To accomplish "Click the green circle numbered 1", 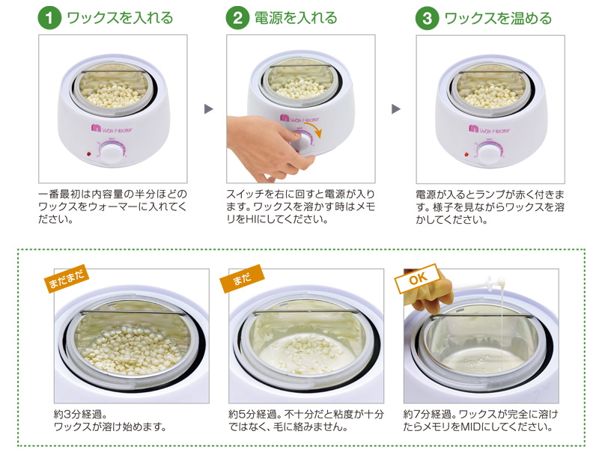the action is [x=49, y=18].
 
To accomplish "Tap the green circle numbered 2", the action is [x=237, y=18].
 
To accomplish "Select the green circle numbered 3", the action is [x=427, y=18].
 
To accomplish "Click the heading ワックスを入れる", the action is [x=120, y=18].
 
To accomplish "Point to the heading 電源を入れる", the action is [x=296, y=18].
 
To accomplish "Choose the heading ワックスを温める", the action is [x=498, y=18].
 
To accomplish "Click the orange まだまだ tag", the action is [x=67, y=278].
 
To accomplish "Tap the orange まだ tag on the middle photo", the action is [x=242, y=278].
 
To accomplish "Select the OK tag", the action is [x=418, y=278].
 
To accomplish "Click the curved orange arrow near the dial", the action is [x=314, y=128].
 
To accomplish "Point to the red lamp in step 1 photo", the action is [x=88, y=154].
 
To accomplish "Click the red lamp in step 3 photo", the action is [x=466, y=155].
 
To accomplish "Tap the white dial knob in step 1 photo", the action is [x=112, y=153].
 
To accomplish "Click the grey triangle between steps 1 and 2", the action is [x=208, y=109].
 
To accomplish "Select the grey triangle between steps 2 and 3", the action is [x=396, y=109].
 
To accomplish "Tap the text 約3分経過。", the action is [x=81, y=414].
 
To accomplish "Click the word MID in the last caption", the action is [x=471, y=427].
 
